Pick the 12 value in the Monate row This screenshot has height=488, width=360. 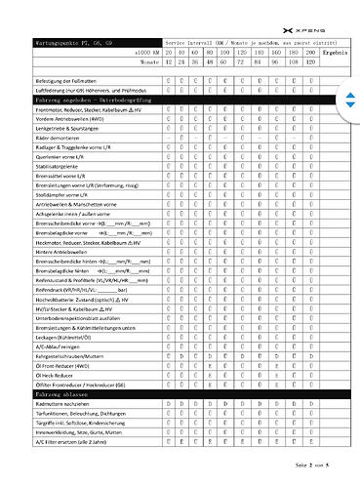pyautogui.click(x=170, y=61)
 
